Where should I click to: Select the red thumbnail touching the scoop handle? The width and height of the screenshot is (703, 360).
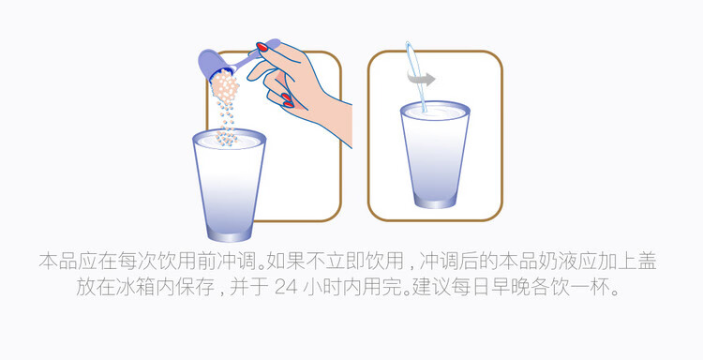[262, 47]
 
